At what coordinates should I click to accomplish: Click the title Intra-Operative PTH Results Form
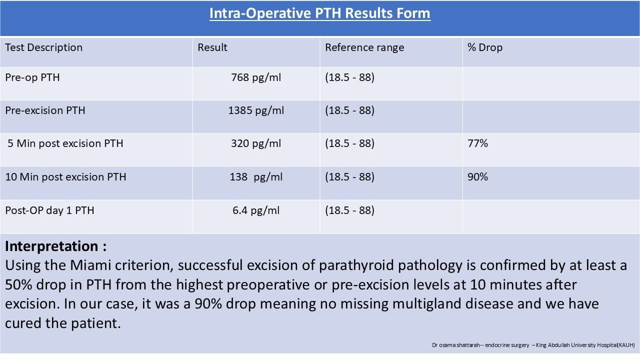coord(319,13)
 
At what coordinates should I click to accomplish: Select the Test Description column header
coord(44,47)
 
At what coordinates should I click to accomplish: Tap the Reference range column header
coord(364,47)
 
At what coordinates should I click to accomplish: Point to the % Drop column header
coord(485,47)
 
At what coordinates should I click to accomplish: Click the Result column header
coord(212,47)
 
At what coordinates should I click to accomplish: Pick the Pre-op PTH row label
coord(32,77)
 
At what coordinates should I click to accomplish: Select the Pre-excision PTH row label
coord(45,110)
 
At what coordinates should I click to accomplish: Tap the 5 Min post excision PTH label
coord(65,143)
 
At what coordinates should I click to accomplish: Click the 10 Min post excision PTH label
coord(66,177)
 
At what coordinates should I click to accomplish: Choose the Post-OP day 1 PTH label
coord(50,210)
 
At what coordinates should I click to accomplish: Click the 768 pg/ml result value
coord(256,77)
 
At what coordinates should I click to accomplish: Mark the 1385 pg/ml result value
coord(256,110)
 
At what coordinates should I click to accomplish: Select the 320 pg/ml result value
coord(256,143)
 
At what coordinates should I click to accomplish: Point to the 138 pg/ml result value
coord(257,177)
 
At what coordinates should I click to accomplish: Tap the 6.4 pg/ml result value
coord(256,210)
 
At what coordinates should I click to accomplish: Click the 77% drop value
coord(477,143)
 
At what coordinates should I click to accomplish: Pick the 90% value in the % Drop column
coord(477,177)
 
